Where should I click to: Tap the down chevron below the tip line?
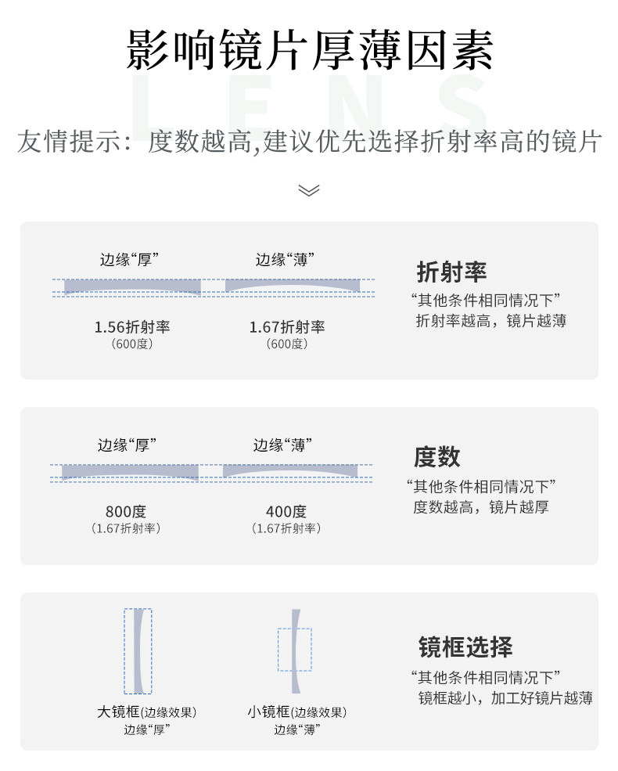click(x=309, y=190)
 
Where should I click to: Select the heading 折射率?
click(x=451, y=272)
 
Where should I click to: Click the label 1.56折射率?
click(x=131, y=327)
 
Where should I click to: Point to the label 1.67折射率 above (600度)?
click(x=287, y=327)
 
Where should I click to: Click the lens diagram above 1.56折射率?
click(x=132, y=286)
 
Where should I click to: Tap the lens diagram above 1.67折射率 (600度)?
click(x=293, y=286)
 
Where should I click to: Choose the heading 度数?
click(x=437, y=457)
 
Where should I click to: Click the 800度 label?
click(x=126, y=512)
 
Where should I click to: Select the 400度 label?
click(x=286, y=512)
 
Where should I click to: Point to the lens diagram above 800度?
click(x=130, y=471)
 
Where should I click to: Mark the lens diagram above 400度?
click(x=290, y=470)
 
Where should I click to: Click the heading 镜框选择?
click(x=465, y=647)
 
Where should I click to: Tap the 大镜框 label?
click(x=118, y=712)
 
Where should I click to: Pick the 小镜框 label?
click(x=268, y=712)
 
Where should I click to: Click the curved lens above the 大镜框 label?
click(x=138, y=651)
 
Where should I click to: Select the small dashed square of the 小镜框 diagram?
click(x=294, y=649)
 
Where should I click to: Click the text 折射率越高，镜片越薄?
click(x=490, y=321)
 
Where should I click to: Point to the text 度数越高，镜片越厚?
click(x=480, y=507)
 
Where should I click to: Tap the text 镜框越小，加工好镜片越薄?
click(x=505, y=697)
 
